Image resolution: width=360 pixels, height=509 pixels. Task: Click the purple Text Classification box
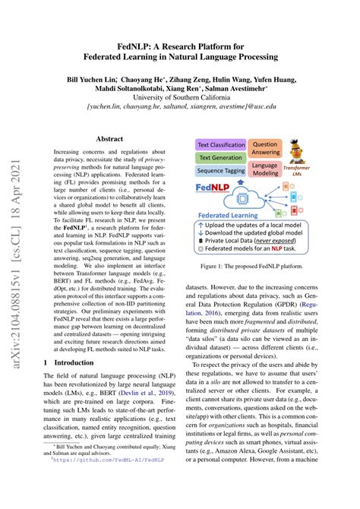(x=221, y=123)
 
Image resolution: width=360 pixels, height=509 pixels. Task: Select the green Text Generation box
(x=219, y=137)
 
